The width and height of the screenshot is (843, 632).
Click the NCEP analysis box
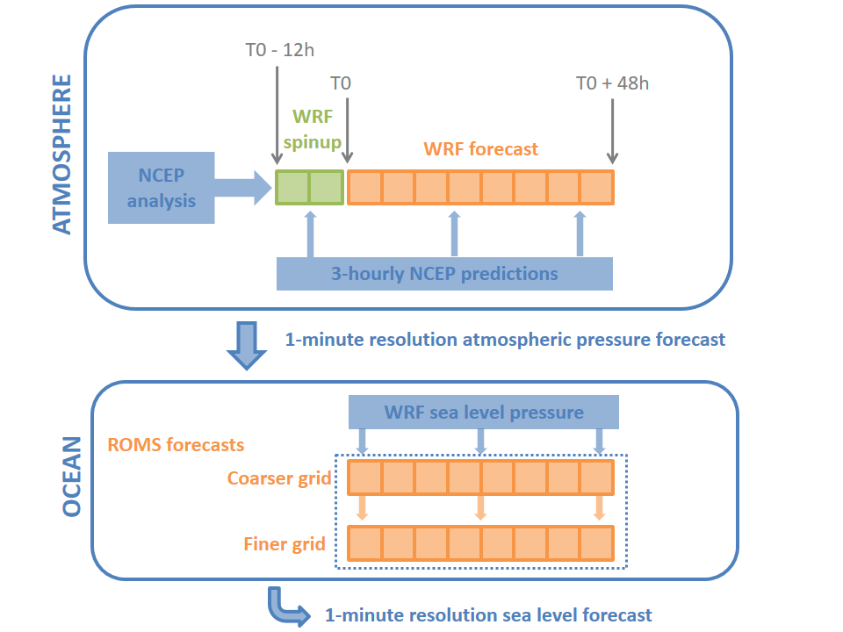pyautogui.click(x=162, y=188)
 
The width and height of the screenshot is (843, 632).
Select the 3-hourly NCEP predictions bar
pyautogui.click(x=444, y=274)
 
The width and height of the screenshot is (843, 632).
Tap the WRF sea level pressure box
pyautogui.click(x=483, y=413)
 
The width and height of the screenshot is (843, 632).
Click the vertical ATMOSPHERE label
pyautogui.click(x=61, y=154)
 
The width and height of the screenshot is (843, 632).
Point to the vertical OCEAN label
pyautogui.click(x=71, y=477)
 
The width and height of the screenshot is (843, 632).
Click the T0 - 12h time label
pyautogui.click(x=279, y=50)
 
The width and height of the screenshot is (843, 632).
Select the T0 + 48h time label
pyautogui.click(x=612, y=83)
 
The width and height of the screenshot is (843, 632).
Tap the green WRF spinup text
pyautogui.click(x=313, y=129)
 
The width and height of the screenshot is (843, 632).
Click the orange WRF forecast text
pyautogui.click(x=480, y=149)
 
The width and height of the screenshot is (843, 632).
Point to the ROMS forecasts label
pyautogui.click(x=176, y=445)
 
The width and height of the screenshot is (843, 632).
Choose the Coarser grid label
pyautogui.click(x=279, y=478)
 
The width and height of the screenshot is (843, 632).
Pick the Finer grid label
pyautogui.click(x=285, y=544)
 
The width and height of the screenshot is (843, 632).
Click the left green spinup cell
pyautogui.click(x=292, y=188)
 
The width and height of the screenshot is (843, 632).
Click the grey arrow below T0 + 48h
pyautogui.click(x=612, y=131)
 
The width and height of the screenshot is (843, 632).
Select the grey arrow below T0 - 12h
pyautogui.click(x=277, y=115)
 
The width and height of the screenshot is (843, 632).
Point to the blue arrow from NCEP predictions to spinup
pyautogui.click(x=310, y=234)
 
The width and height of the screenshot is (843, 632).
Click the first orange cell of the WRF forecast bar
pyautogui.click(x=364, y=188)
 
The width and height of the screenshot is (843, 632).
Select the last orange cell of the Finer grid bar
pyautogui.click(x=597, y=543)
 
